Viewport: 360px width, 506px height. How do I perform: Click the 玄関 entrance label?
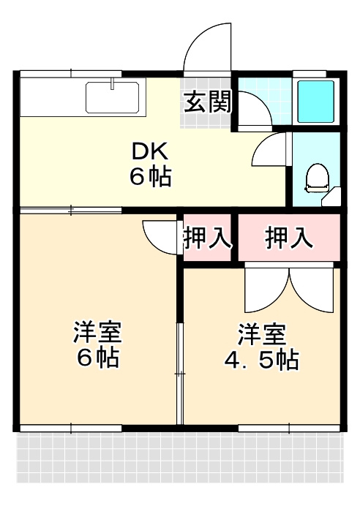tap(207, 102)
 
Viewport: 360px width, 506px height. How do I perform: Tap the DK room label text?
tap(150, 151)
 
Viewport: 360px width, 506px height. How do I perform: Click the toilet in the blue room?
tap(317, 178)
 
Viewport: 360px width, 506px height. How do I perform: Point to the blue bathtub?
tap(315, 101)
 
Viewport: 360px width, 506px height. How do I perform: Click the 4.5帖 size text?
tap(260, 359)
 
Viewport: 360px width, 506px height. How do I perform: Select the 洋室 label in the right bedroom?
tap(260, 334)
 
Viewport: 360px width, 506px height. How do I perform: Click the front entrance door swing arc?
tap(207, 47)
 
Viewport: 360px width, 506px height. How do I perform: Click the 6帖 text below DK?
tap(150, 176)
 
